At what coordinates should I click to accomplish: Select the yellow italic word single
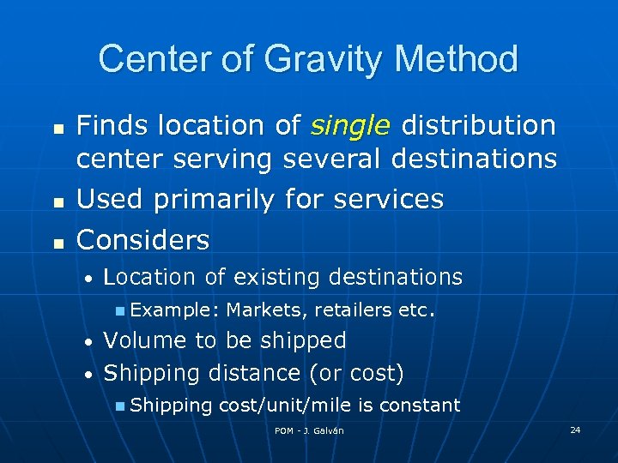(350, 126)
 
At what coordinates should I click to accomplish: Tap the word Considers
(142, 241)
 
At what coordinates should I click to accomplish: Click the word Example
(171, 309)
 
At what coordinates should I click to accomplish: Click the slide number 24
(575, 429)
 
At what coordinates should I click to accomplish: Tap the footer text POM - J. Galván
(309, 430)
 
